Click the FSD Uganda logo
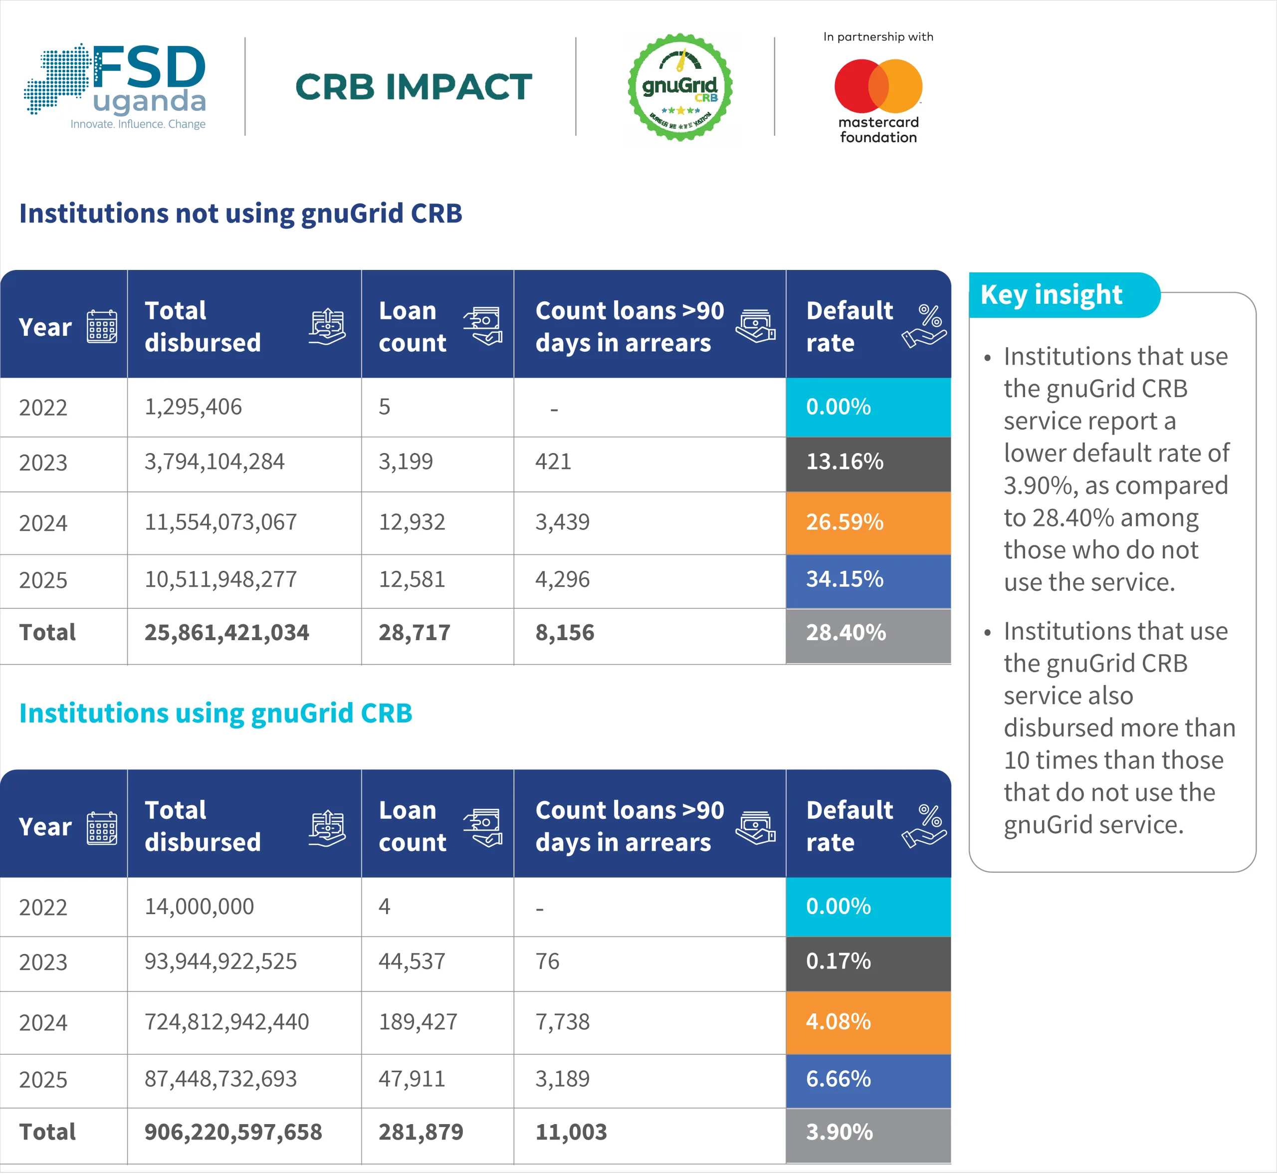pyautogui.click(x=115, y=86)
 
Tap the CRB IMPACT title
pyautogui.click(x=414, y=87)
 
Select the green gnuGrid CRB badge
pyautogui.click(x=680, y=87)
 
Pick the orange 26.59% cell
pyautogui.click(x=868, y=523)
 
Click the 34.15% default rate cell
pyautogui.click(x=868, y=581)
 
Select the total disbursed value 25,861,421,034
pyautogui.click(x=226, y=633)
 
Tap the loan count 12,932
pyautogui.click(x=412, y=522)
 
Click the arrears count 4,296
pyautogui.click(x=563, y=580)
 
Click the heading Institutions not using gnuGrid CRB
pyautogui.click(x=240, y=213)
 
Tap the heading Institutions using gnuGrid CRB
pyautogui.click(x=215, y=713)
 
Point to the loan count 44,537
pyautogui.click(x=412, y=961)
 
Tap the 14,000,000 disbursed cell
pyautogui.click(x=199, y=907)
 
